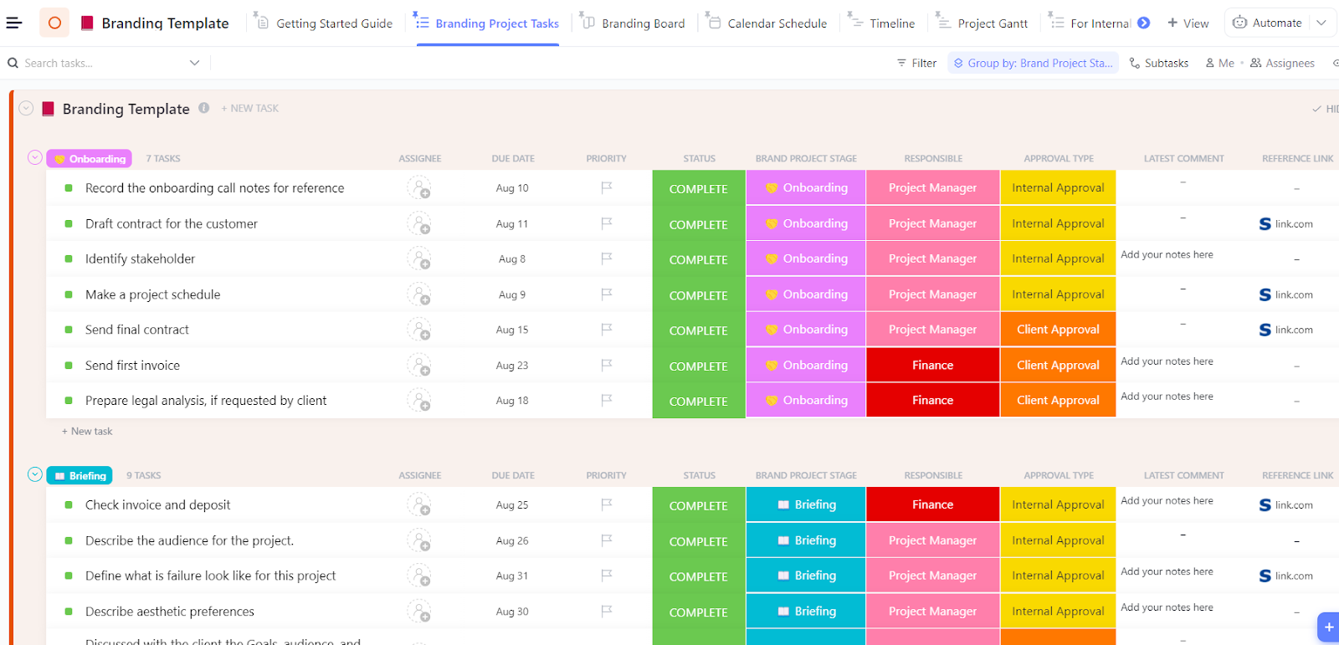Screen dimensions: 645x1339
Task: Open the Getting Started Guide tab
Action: (x=334, y=23)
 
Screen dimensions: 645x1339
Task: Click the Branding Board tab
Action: (x=643, y=23)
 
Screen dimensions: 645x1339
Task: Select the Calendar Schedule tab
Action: (x=777, y=23)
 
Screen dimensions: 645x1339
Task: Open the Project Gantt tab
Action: (x=993, y=23)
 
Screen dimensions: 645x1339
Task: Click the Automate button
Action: (x=1268, y=23)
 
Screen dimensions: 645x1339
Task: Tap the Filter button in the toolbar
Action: (x=917, y=63)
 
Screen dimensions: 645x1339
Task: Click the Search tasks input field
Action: (x=100, y=63)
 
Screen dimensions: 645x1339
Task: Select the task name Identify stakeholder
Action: (x=140, y=259)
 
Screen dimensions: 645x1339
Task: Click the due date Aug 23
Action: (x=512, y=366)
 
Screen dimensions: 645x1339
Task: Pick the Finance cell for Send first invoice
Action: (x=932, y=366)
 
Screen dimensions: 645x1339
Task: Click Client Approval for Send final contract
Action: (x=1058, y=330)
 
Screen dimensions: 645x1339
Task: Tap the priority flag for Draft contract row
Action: (x=607, y=223)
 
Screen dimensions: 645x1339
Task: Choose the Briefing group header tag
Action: (x=80, y=476)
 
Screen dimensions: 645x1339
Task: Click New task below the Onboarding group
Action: (x=88, y=432)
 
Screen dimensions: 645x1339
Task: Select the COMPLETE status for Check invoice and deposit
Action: (x=698, y=505)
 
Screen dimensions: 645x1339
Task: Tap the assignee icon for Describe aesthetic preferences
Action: (x=418, y=612)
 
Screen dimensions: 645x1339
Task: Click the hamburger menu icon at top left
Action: (x=14, y=23)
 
